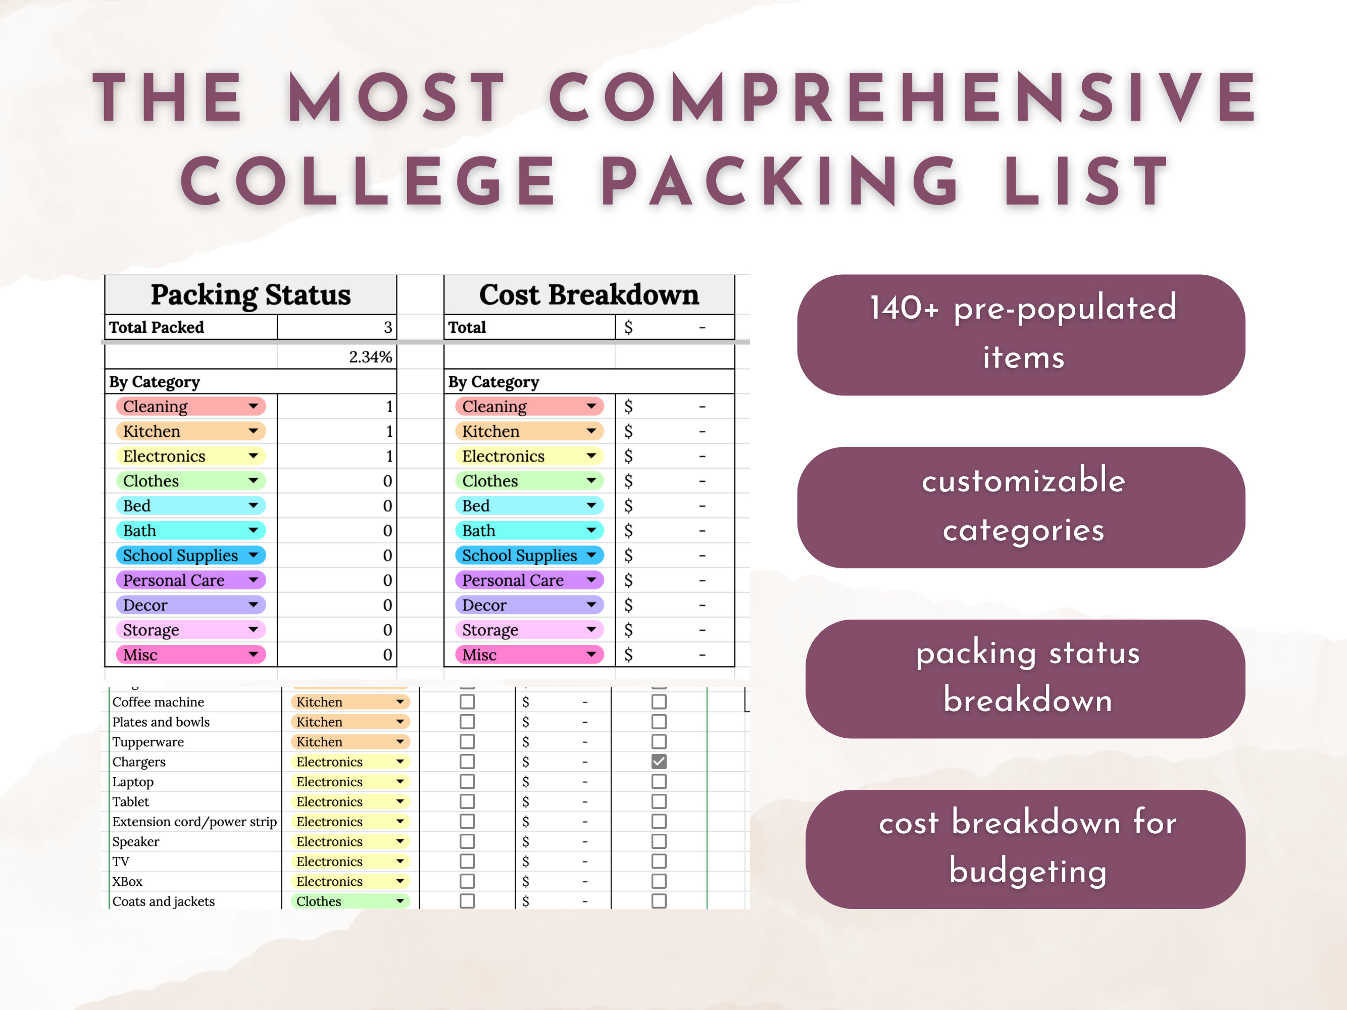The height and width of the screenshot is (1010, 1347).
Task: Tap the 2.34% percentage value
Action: tap(370, 357)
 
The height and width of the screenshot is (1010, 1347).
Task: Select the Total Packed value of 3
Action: tap(387, 328)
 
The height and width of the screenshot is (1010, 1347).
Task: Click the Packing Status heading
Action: tap(251, 294)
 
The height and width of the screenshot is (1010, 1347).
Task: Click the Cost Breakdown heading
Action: tap(589, 294)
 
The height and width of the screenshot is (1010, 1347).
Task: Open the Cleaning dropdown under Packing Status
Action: tap(253, 406)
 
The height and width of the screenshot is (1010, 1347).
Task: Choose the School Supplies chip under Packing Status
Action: tap(190, 555)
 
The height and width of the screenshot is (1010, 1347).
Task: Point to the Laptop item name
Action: tap(133, 782)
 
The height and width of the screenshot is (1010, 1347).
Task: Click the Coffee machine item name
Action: tap(158, 702)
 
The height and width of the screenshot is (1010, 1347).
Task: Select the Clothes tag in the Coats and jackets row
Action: tap(350, 901)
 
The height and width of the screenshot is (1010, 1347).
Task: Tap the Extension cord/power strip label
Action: tap(194, 822)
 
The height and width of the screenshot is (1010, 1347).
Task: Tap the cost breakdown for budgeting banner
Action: tap(1025, 848)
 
